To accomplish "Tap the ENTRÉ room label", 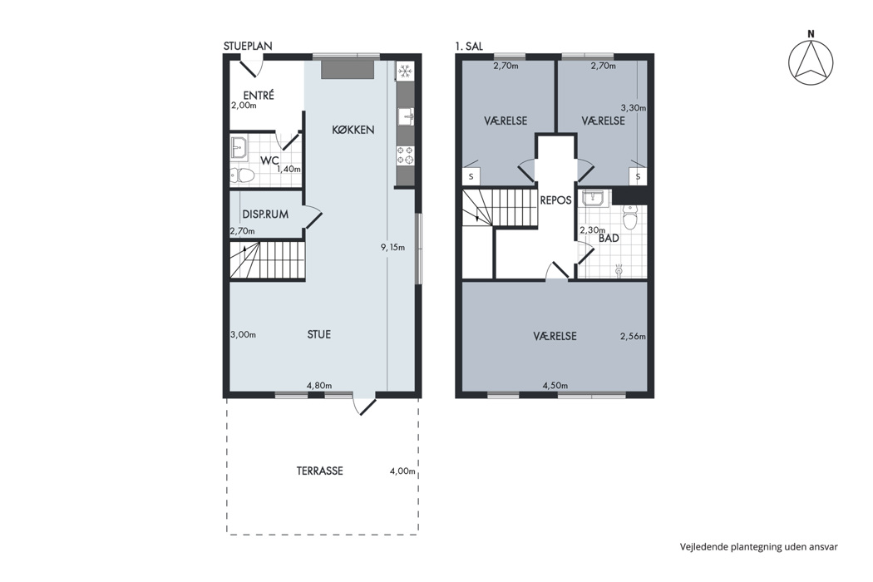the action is coord(259,96).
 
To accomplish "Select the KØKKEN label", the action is coord(353,130).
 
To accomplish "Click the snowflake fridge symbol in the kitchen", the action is coord(405,72).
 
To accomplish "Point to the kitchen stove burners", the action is coord(405,155).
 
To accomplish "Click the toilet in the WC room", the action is coord(242,176).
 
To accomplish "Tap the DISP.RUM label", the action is coord(265,215).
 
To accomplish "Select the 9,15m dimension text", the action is coord(393,247).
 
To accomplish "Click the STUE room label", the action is coord(319,334).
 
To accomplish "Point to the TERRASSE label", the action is coord(319,471).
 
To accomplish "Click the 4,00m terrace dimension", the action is coord(402,471).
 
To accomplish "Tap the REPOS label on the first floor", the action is coord(555,200).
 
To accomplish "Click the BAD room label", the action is coord(609,239).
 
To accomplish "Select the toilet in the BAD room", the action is coord(629,218).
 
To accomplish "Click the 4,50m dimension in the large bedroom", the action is coord(555,386).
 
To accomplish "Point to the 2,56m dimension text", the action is coord(633,337).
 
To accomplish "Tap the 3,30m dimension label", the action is coord(633,109).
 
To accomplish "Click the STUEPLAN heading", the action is coord(248,47).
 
